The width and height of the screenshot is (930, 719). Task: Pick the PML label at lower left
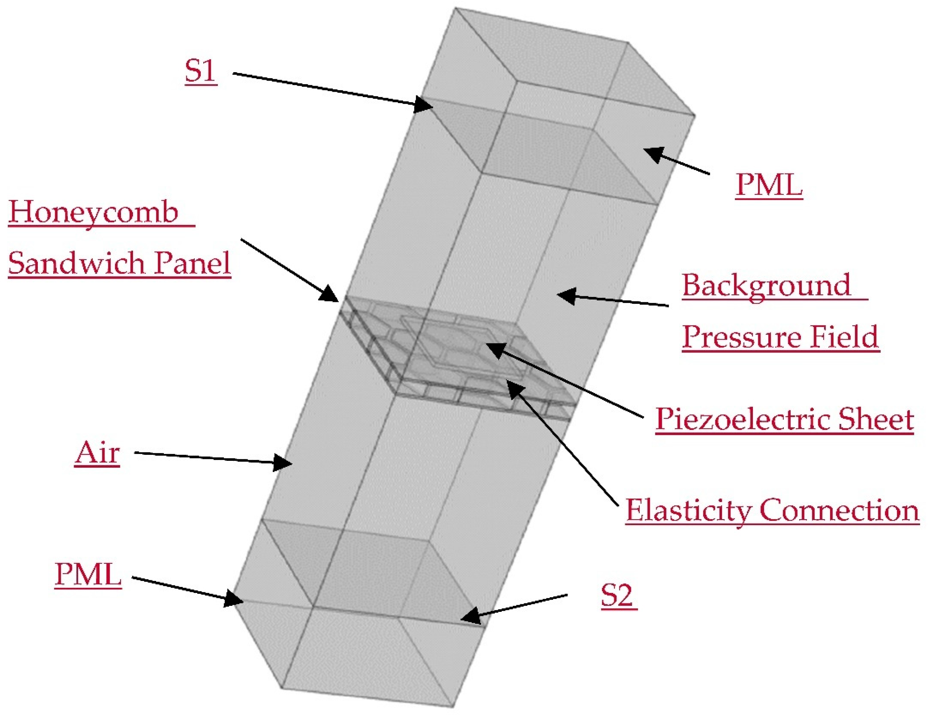(88, 574)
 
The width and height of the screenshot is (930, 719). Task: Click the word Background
(766, 285)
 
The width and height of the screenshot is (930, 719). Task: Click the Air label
(97, 453)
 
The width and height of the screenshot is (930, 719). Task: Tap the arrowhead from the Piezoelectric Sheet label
(494, 350)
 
